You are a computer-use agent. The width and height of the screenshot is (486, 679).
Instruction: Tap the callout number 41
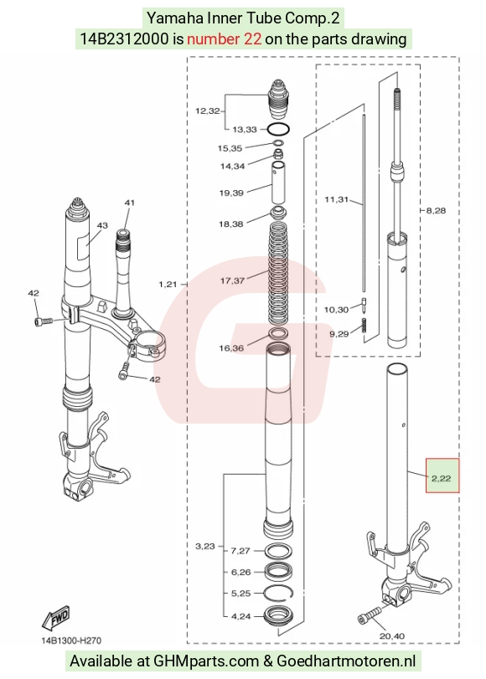point(130,203)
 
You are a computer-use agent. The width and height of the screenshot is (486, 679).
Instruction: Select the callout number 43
point(102,225)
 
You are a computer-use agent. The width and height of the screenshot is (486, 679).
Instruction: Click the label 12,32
point(208,111)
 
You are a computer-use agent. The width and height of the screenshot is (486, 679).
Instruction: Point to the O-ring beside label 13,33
point(278,129)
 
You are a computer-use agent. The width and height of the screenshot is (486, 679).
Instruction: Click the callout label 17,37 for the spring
point(232,280)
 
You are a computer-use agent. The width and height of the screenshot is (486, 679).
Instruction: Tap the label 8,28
point(436,211)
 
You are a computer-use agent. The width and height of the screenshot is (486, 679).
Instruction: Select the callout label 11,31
point(336,199)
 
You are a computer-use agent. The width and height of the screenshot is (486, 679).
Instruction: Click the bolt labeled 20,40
point(370,615)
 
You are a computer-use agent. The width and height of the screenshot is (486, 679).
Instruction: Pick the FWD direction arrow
point(55,618)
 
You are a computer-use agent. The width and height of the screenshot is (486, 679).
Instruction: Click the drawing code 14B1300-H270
point(71,640)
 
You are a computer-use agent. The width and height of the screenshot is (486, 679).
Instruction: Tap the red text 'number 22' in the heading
point(224,39)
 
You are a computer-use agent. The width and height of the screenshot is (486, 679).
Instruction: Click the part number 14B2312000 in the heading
point(124,39)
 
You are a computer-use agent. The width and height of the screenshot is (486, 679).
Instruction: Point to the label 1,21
point(168,285)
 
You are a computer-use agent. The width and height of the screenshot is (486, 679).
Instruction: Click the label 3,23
point(205,547)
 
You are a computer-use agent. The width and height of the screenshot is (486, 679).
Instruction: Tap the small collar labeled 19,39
point(278,183)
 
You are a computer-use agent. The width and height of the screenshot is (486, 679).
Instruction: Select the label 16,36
point(231,348)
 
